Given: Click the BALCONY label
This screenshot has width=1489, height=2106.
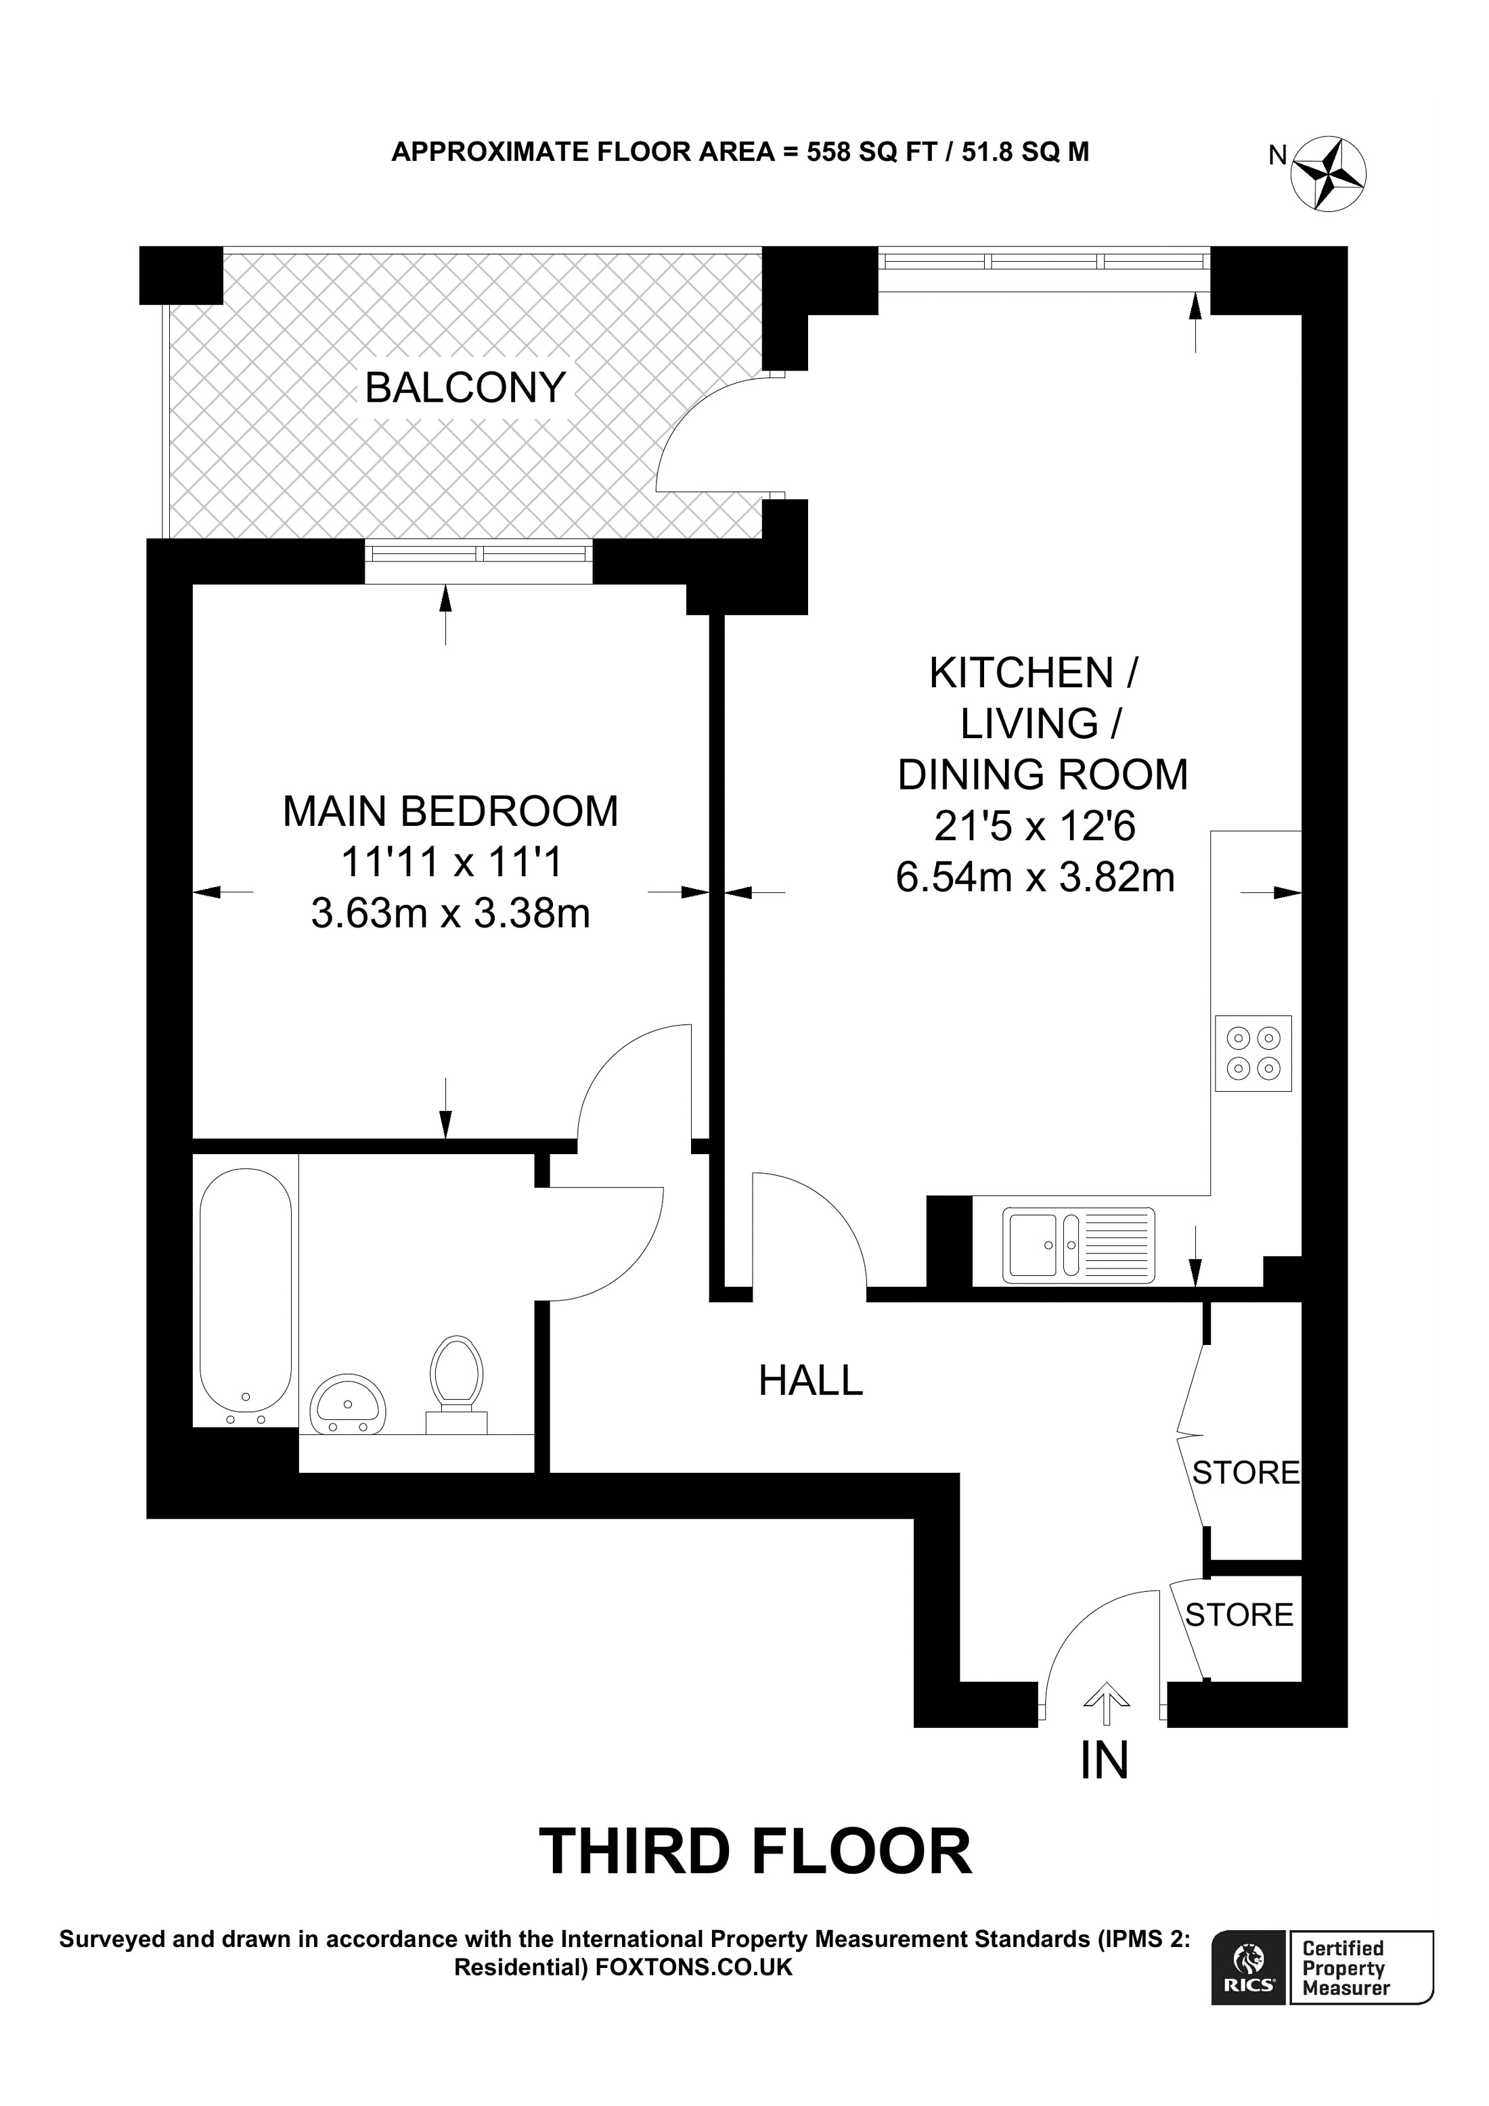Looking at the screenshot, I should pyautogui.click(x=465, y=388).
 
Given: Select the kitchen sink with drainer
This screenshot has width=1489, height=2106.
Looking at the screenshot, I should pyautogui.click(x=1078, y=1245).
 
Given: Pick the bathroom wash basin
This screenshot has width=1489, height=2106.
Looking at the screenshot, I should pyautogui.click(x=348, y=1405).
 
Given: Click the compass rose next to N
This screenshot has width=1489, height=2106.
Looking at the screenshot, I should pyautogui.click(x=1329, y=173).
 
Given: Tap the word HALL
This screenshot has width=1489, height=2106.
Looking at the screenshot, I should pyautogui.click(x=810, y=1381).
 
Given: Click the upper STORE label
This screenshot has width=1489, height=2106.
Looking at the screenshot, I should pyautogui.click(x=1245, y=1472).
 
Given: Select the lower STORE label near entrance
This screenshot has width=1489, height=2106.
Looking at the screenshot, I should pyautogui.click(x=1239, y=1614).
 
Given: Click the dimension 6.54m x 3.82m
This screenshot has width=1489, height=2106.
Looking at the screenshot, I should pyautogui.click(x=1035, y=878).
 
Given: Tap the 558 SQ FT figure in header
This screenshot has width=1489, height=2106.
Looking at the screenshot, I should pyautogui.click(x=870, y=152).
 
